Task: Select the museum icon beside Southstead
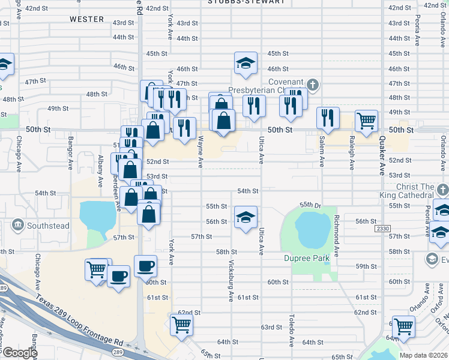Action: (17, 226)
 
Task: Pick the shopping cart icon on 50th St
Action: (366, 121)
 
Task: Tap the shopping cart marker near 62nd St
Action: (181, 325)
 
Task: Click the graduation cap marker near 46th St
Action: (245, 64)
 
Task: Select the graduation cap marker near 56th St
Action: (245, 217)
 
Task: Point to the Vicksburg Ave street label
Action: (231, 281)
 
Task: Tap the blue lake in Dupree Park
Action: (312, 229)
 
